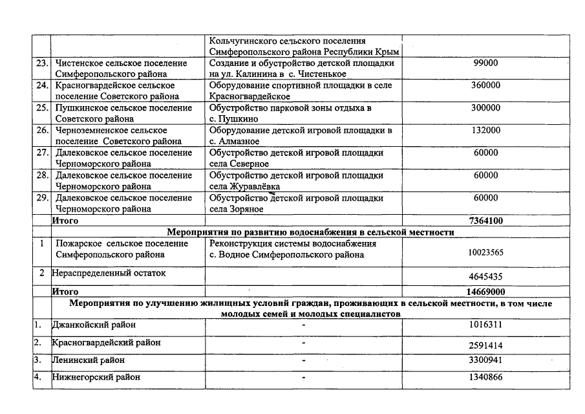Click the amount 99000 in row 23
485,63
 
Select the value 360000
485,85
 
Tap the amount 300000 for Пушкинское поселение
485,108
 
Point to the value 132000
485,130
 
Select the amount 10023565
485,254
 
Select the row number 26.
43,130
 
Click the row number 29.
43,198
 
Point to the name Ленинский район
90,360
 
